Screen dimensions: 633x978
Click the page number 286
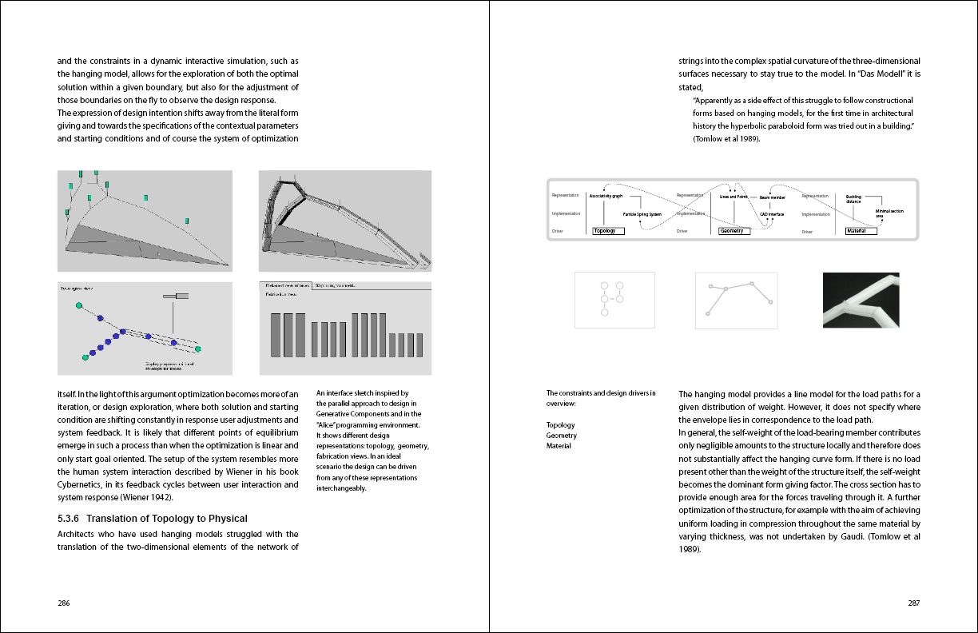(64, 603)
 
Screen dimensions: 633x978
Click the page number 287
(914, 603)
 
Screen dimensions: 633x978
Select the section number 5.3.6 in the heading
(70, 519)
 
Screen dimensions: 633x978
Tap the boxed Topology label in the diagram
(608, 231)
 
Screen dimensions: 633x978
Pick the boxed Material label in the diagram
(861, 231)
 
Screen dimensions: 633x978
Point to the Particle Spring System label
(642, 214)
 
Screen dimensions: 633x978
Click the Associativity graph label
(606, 196)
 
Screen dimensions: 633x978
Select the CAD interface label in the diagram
(771, 214)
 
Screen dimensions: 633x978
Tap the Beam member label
(772, 197)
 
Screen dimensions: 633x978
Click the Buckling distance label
(853, 198)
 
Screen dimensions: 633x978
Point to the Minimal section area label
(889, 213)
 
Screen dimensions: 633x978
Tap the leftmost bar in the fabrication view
(276, 335)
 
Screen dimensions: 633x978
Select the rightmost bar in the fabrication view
(419, 344)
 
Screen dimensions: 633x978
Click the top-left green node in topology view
(78, 305)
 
